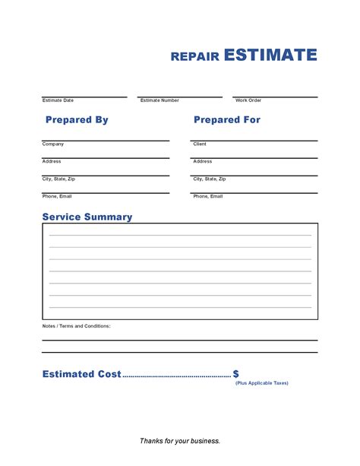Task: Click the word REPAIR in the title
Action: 195,56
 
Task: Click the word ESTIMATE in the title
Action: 270,55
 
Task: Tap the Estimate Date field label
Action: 58,100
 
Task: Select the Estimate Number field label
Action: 159,100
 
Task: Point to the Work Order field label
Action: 248,100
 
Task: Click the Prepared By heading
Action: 77,120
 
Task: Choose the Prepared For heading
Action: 227,120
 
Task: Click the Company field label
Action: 53,144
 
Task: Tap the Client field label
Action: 200,144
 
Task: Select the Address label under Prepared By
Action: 52,161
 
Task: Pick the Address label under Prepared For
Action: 203,161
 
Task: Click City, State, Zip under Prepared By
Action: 58,179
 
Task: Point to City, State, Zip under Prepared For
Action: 210,179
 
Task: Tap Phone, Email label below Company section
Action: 57,196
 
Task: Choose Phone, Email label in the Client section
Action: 208,196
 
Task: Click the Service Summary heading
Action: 87,217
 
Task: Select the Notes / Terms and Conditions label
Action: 76,325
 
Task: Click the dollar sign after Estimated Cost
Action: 236,374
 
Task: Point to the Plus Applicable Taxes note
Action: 261,383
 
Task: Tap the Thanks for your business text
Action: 180,441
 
